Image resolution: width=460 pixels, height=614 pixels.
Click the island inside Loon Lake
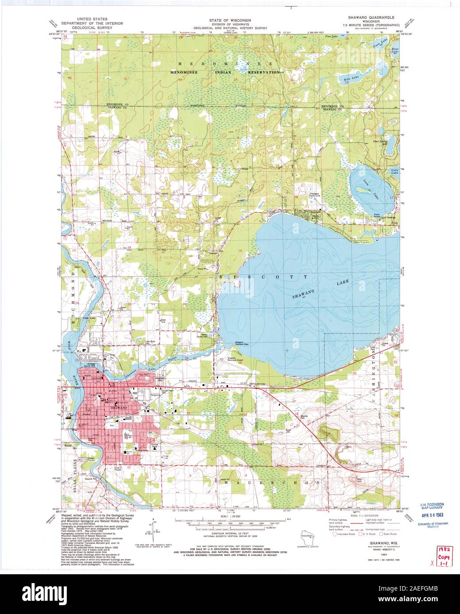(364, 190)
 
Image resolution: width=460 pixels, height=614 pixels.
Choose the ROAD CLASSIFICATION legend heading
(364, 516)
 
